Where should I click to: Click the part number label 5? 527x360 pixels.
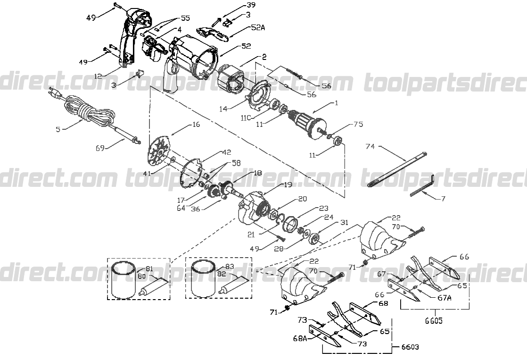[58, 128]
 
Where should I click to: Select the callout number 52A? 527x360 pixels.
[257, 28]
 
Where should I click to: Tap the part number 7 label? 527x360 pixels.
[443, 199]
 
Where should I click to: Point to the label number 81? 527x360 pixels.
[149, 269]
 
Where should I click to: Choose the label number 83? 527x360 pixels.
[230, 266]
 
